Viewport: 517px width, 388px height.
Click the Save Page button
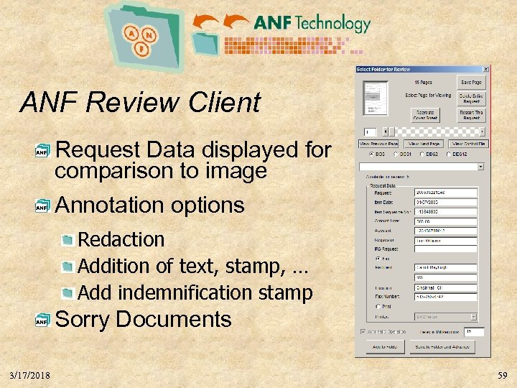[471, 83]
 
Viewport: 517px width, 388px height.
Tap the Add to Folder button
[382, 346]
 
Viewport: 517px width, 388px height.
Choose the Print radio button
[378, 306]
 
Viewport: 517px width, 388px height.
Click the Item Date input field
[445, 202]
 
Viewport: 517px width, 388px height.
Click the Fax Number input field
[445, 295]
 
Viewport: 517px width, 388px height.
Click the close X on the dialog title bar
[486, 69]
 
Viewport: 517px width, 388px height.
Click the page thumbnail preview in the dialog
[374, 97]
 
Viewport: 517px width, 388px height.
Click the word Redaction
[121, 239]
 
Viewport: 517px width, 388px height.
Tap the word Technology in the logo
[331, 24]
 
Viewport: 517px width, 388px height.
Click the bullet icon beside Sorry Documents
[43, 321]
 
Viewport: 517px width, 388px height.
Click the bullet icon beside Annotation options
[43, 207]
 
